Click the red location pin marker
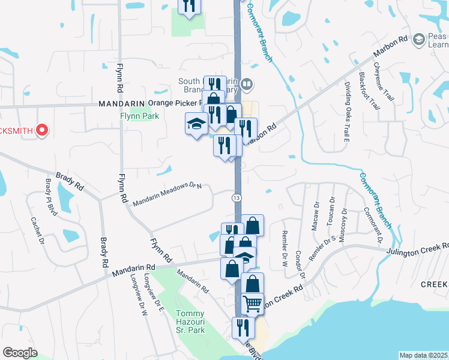pos(42,130)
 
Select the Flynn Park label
pos(139,116)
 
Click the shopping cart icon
pos(252,304)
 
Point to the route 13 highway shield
pos(238,197)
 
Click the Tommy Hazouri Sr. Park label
pos(190,322)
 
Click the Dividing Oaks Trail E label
pos(348,113)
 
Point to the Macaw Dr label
pos(316,212)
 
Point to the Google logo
pos(20,353)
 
